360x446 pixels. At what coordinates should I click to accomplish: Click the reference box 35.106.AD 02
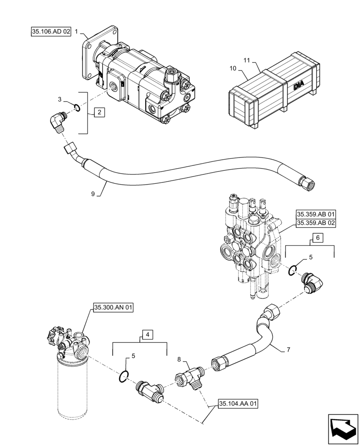pyautogui.click(x=51, y=32)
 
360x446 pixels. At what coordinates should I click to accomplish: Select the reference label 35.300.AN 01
pyautogui.click(x=113, y=307)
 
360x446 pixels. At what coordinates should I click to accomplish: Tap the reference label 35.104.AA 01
pyautogui.click(x=238, y=404)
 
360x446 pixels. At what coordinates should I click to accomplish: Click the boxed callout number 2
pyautogui.click(x=99, y=112)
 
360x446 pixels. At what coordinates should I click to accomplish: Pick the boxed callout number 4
pyautogui.click(x=148, y=334)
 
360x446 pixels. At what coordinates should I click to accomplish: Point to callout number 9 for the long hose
pyautogui.click(x=93, y=194)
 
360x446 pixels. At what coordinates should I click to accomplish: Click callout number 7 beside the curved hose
pyautogui.click(x=288, y=350)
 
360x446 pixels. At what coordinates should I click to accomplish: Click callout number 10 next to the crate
pyautogui.click(x=233, y=68)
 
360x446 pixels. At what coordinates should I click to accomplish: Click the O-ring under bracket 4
pyautogui.click(x=124, y=377)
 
